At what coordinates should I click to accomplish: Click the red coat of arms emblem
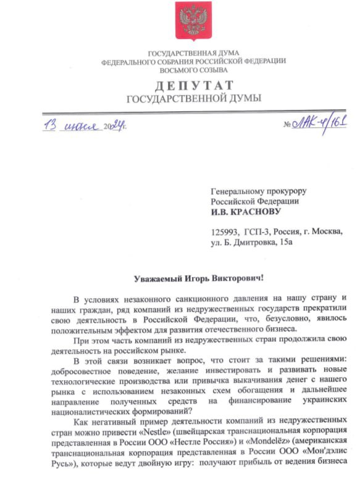point(193,20)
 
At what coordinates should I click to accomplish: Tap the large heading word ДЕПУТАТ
point(193,85)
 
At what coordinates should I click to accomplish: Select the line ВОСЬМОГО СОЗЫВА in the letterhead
point(193,70)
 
